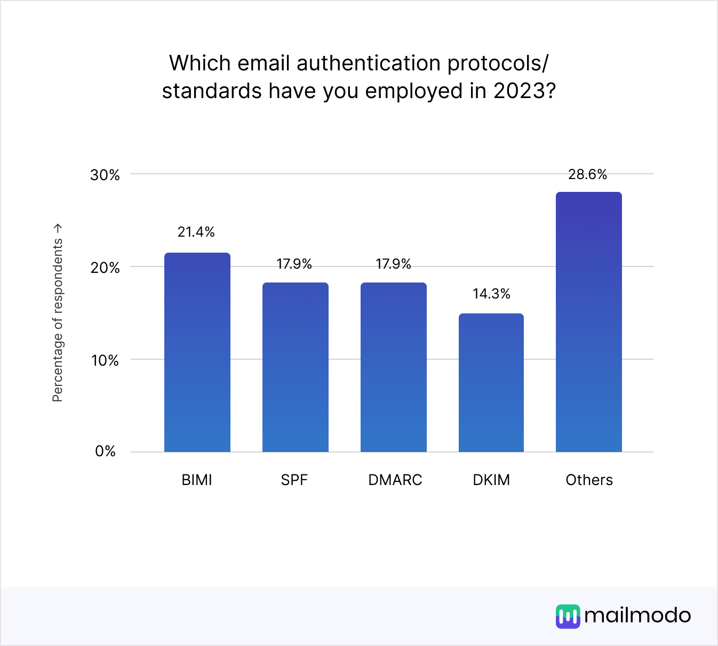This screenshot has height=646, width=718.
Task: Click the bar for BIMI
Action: point(197,352)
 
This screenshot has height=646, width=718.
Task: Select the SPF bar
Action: point(295,367)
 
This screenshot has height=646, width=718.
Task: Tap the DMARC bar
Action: point(393,367)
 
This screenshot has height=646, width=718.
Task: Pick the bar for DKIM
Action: point(491,383)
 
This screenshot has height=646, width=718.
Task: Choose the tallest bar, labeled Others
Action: point(588,322)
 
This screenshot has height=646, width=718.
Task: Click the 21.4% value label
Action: point(196,232)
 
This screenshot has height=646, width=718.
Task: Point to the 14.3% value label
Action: point(491,294)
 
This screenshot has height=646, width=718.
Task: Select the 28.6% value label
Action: point(587,174)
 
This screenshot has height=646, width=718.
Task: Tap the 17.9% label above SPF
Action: point(294,264)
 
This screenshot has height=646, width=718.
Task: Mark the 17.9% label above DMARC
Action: point(393,264)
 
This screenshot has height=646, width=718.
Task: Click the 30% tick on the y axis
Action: point(105,175)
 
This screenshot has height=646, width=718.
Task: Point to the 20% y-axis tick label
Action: point(105,268)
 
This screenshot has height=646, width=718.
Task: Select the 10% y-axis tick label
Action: point(105,360)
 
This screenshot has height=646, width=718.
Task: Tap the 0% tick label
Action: point(105,451)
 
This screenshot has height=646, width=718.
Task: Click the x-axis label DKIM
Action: point(491,480)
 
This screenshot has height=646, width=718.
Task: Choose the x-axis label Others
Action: point(589,480)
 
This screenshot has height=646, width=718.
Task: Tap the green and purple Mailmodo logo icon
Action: point(568,616)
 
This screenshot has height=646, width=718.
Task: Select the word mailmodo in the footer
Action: point(637,616)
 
